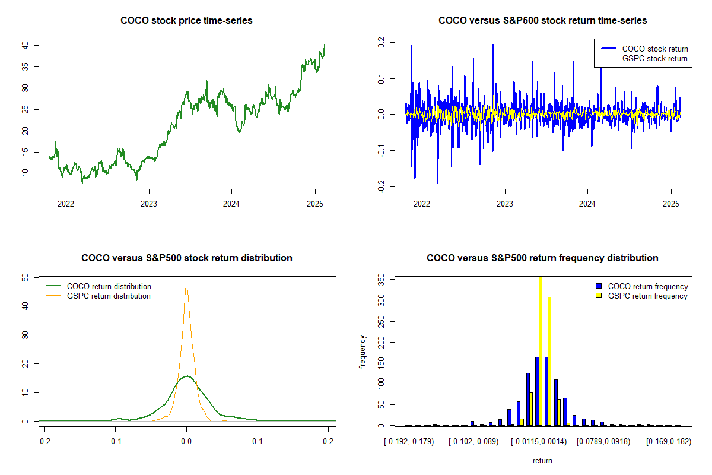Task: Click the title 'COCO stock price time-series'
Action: (x=186, y=21)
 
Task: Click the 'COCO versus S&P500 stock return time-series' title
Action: (x=542, y=21)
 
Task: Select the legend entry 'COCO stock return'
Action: (x=654, y=49)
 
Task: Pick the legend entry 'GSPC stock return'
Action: (x=654, y=59)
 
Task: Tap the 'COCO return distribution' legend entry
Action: (x=109, y=286)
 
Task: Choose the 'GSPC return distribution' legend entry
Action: (x=109, y=296)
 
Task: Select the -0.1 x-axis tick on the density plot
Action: (x=115, y=441)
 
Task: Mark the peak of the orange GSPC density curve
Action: (x=186, y=286)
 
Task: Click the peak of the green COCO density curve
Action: (x=187, y=376)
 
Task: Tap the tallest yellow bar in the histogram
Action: (x=541, y=350)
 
